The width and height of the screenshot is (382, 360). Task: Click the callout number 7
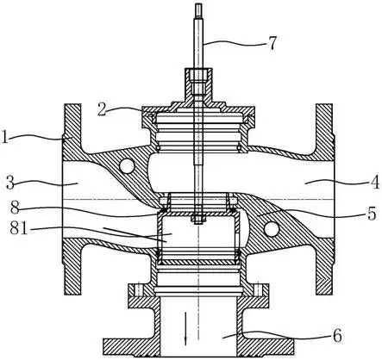pyautogui.click(x=272, y=42)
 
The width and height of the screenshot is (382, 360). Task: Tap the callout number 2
pyautogui.click(x=103, y=109)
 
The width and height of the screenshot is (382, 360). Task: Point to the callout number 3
pyautogui.click(x=11, y=183)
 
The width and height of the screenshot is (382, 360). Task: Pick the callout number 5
pyautogui.click(x=372, y=214)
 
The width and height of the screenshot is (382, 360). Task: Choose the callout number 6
pyautogui.click(x=337, y=335)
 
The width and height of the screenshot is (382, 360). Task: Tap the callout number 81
pyautogui.click(x=19, y=228)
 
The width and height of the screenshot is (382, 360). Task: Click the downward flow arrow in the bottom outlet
pyautogui.click(x=186, y=328)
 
